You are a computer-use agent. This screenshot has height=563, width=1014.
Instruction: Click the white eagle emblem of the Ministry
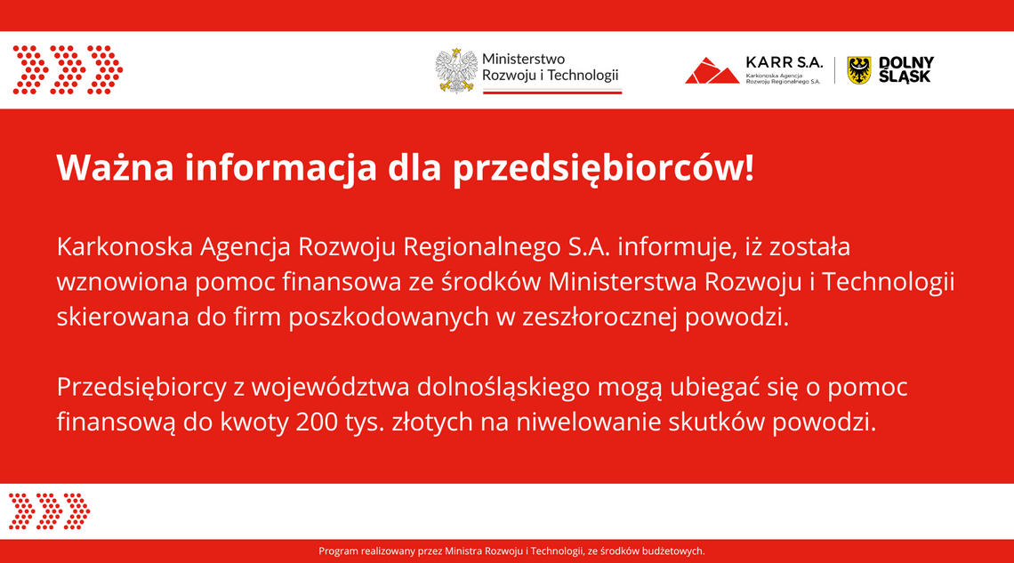456,70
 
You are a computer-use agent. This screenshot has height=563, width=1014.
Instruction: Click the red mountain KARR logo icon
712,70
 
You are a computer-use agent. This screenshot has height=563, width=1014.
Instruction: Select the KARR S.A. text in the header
784,62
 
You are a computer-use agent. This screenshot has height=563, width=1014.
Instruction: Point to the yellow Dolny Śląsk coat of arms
858,70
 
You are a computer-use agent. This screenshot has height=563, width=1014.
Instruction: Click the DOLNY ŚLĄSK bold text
905,69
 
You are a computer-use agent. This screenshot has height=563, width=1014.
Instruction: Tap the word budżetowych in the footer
672,551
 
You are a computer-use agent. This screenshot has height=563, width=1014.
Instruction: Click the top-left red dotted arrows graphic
68,69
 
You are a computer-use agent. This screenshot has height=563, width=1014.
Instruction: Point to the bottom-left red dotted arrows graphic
50,511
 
